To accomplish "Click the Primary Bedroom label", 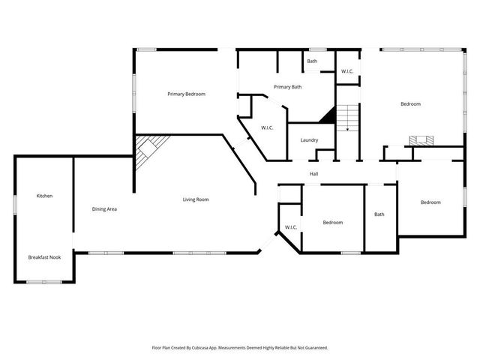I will (186, 94).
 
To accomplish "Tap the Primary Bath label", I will (287, 87).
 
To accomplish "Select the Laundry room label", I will (309, 140).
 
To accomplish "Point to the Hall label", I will (314, 174).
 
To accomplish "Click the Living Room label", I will (196, 199).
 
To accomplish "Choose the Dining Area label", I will (104, 208).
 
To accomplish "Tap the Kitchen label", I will (44, 196).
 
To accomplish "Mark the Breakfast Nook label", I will (44, 257).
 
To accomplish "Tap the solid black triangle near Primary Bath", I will (327, 115).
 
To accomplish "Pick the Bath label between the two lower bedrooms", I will (379, 214).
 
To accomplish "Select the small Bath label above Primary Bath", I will (312, 61).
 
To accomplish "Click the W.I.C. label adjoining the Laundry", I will (267, 128).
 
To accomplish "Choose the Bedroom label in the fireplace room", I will (410, 103).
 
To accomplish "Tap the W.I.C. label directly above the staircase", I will (347, 71).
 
